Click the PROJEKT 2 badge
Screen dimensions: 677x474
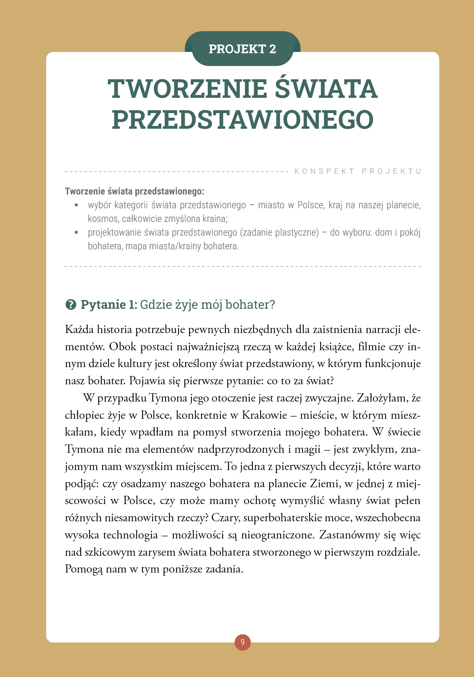pyautogui.click(x=242, y=49)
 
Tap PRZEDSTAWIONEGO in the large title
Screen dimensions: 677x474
pyautogui.click(x=243, y=119)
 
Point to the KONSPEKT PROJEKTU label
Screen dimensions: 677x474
pyautogui.click(x=358, y=171)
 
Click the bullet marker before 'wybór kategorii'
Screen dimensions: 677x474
pyautogui.click(x=77, y=205)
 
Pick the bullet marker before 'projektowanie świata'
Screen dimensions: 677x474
pyautogui.click(x=77, y=232)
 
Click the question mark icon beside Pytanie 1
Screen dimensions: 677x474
pyautogui.click(x=71, y=304)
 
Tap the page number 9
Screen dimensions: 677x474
pyautogui.click(x=243, y=642)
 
